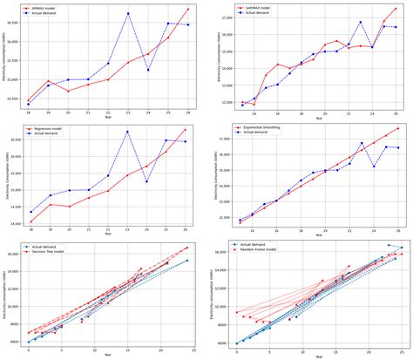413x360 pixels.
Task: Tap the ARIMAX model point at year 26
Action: [187, 9]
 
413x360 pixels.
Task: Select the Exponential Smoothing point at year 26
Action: [397, 129]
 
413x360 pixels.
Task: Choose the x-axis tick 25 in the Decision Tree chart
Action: [191, 350]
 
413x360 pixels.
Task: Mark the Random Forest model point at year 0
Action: [236, 312]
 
